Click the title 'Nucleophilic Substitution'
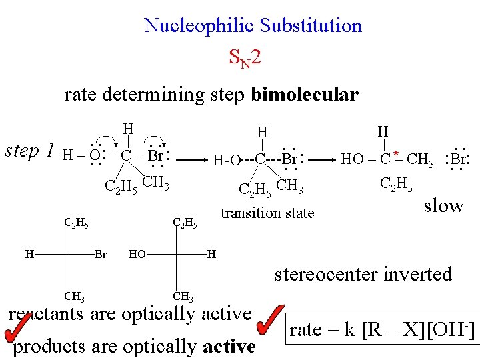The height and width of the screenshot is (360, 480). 253,26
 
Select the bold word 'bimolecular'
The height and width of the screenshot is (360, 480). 305,95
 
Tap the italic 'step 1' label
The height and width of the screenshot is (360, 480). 30,151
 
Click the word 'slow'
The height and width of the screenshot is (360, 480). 443,205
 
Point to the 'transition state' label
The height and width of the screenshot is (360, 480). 267,213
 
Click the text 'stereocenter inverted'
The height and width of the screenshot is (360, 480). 363,273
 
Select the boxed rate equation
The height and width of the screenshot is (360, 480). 383,329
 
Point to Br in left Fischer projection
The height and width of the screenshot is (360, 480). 101,254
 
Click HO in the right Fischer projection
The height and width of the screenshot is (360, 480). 138,254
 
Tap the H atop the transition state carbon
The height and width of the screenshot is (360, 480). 262,133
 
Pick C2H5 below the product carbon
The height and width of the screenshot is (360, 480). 396,184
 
